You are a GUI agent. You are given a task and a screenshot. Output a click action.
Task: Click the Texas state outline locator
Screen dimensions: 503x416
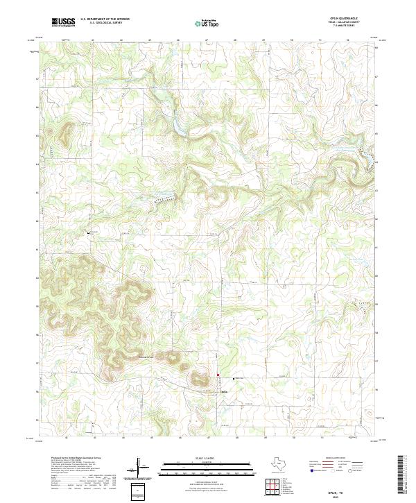tap(285, 463)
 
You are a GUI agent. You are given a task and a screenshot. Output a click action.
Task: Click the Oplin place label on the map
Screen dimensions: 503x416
tap(224, 391)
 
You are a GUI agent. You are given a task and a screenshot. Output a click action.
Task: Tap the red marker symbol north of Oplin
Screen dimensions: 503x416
tap(218, 375)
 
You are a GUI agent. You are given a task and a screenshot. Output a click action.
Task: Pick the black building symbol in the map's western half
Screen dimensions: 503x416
tap(88, 233)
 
